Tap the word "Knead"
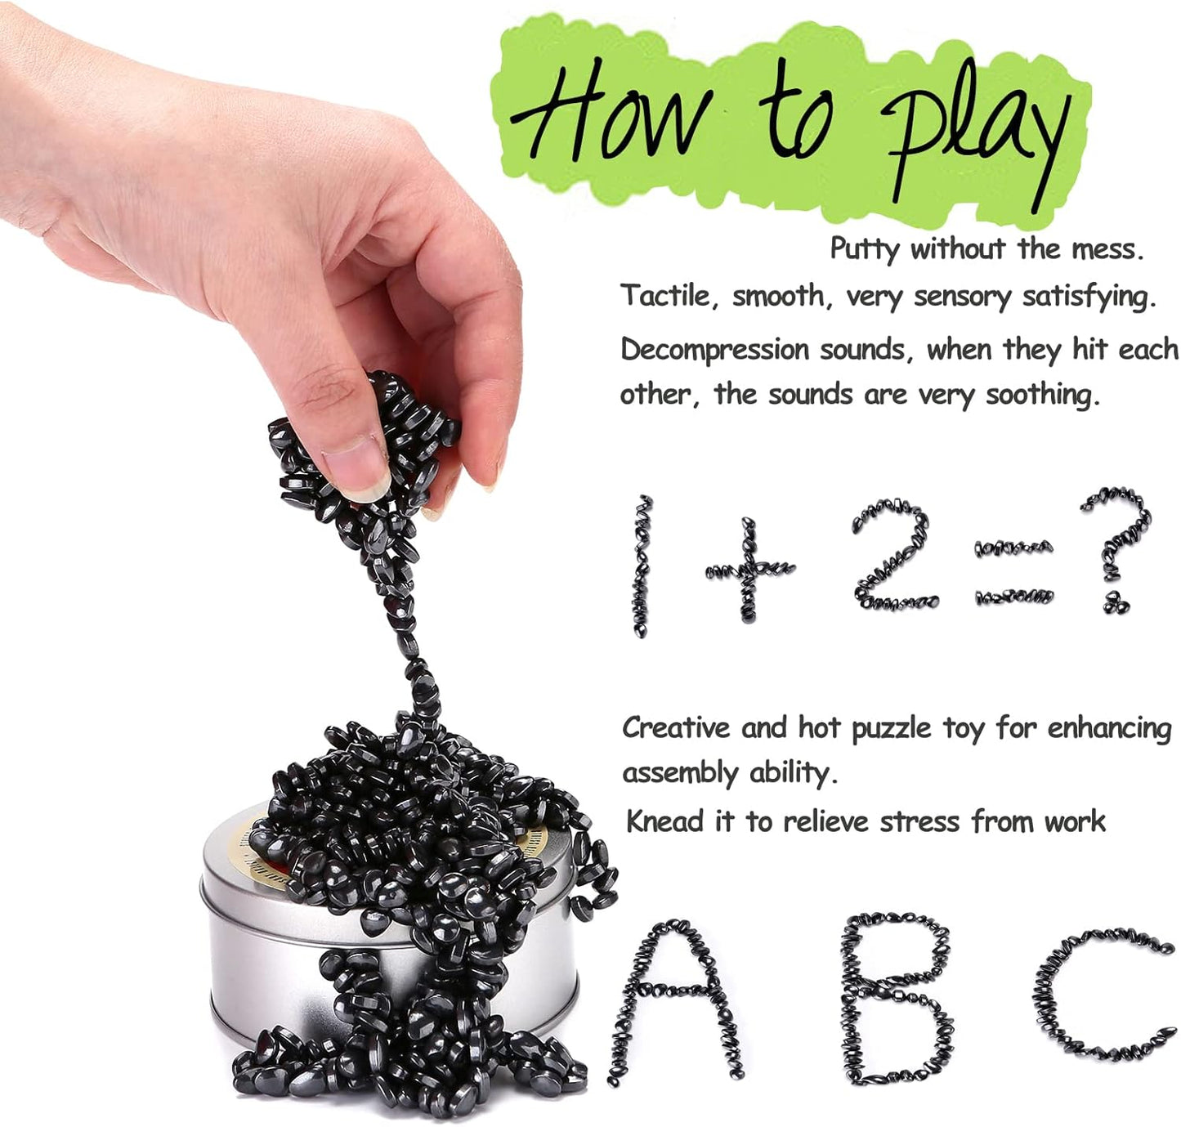(663, 821)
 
